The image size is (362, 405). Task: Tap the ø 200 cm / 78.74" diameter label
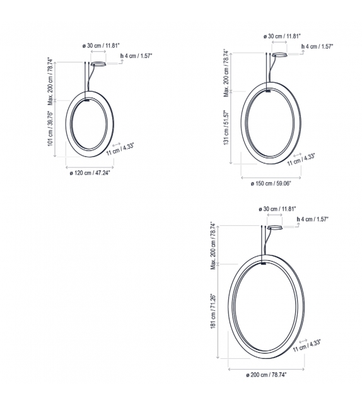pos(267,375)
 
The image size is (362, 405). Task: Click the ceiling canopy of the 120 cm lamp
pos(99,64)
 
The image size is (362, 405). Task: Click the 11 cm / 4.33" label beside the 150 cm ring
pos(301,160)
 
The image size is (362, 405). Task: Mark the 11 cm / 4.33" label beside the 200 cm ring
pos(307,345)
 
